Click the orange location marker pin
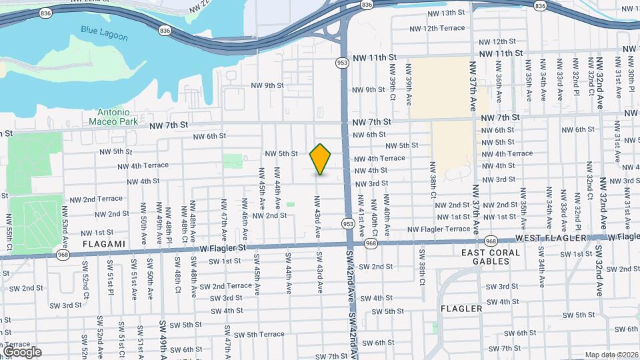(321, 159)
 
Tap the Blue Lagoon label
(104, 33)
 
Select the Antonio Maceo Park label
(113, 117)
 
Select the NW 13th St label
(446, 13)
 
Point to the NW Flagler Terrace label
(439, 229)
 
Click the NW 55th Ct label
(9, 229)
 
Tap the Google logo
(22, 352)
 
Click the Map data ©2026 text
(611, 355)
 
